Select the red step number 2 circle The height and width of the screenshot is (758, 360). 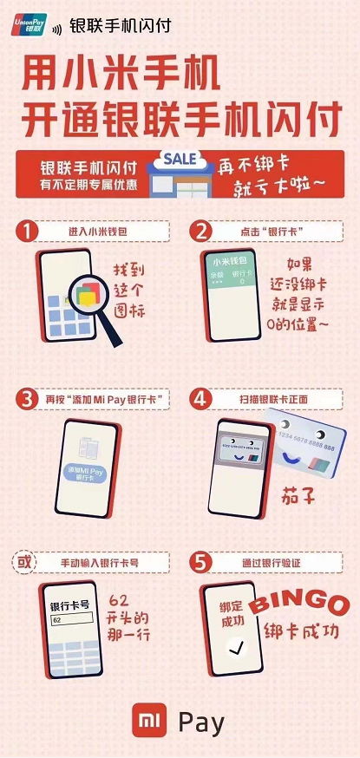click(201, 232)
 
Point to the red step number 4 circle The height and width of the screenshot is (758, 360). click(201, 398)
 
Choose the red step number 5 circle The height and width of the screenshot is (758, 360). click(201, 563)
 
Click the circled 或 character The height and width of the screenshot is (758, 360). click(25, 563)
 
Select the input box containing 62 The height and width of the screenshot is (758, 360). click(77, 620)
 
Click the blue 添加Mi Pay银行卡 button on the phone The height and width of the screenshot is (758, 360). click(88, 473)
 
